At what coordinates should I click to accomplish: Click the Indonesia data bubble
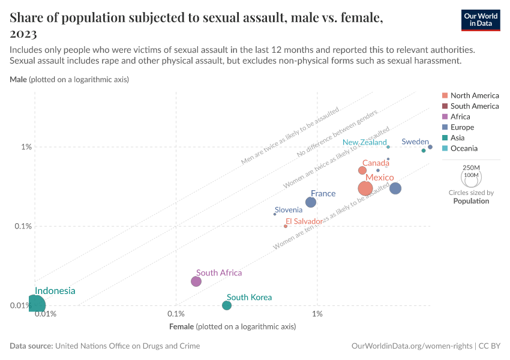pyautogui.click(x=35, y=305)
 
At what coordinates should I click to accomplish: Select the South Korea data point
pyautogui.click(x=227, y=305)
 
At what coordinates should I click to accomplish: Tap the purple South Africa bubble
pyautogui.click(x=196, y=281)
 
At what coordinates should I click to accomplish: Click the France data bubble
pyautogui.click(x=311, y=202)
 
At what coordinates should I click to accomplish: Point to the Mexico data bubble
pyautogui.click(x=365, y=188)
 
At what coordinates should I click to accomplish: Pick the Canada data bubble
pyautogui.click(x=362, y=170)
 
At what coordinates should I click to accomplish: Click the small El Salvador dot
pyautogui.click(x=286, y=226)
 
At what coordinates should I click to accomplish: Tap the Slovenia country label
pyautogui.click(x=289, y=209)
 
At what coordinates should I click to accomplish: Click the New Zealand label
pyautogui.click(x=365, y=143)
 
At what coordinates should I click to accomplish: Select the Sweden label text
pyautogui.click(x=415, y=142)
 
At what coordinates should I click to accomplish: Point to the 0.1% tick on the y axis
pyautogui.click(x=26, y=226)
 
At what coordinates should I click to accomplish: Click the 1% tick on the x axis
pyautogui.click(x=317, y=314)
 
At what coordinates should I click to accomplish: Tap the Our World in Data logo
pyautogui.click(x=481, y=20)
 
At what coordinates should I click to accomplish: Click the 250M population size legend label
pyautogui.click(x=472, y=167)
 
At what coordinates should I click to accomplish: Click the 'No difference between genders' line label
pyautogui.click(x=337, y=135)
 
